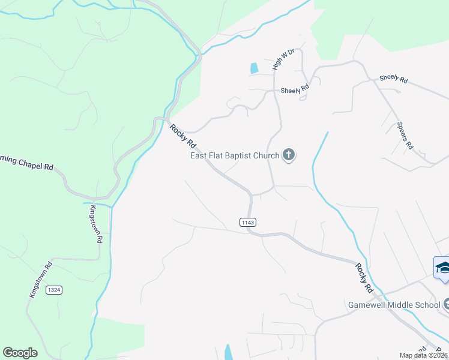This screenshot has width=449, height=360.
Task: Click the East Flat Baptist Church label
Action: pos(235,156)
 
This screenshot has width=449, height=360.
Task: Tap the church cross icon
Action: pos(289,156)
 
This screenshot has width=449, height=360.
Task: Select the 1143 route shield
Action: pos(248,222)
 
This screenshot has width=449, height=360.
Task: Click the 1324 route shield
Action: pos(54,290)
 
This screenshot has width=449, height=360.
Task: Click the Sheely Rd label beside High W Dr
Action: pos(295,89)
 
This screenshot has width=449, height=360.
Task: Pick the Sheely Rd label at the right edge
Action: pos(393,79)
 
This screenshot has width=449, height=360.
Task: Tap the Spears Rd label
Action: pos(405,136)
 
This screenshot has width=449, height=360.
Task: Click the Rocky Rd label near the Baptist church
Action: pos(183,136)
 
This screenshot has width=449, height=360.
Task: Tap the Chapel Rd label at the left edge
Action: pos(26,164)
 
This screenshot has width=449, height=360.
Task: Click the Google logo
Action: pos(20,353)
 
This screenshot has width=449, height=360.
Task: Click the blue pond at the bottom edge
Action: pos(228,352)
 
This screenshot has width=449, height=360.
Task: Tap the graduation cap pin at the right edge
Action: pos(442,268)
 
